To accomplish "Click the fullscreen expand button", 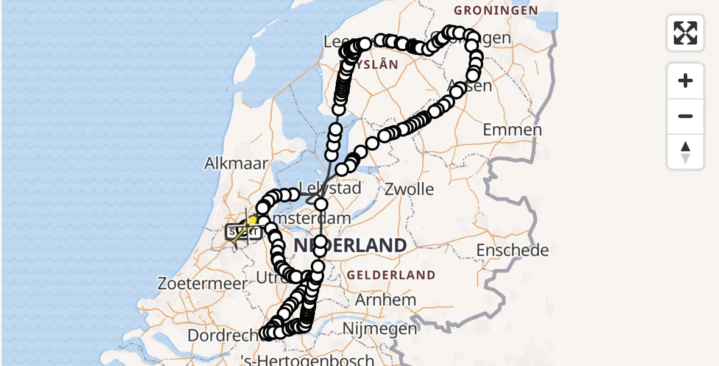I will point(685,33).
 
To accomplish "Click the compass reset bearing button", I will point(685,152).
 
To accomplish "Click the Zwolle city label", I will point(409,189).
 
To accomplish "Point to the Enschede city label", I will point(512,250).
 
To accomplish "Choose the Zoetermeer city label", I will point(202,283).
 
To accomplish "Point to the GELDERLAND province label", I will point(391,275).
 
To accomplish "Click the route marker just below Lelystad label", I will point(321,204).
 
